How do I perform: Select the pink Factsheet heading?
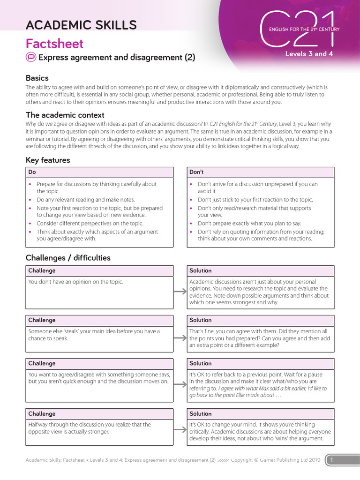click(x=54, y=44)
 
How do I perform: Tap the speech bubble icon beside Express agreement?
click(x=31, y=58)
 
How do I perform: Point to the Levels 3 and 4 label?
click(x=309, y=54)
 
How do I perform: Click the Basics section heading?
click(x=37, y=78)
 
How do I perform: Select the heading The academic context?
click(x=65, y=115)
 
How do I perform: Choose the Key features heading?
click(x=48, y=160)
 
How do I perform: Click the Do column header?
click(x=32, y=172)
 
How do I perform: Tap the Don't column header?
click(x=196, y=172)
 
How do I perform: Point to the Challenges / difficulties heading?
click(x=68, y=257)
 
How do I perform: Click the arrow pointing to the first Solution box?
click(x=180, y=292)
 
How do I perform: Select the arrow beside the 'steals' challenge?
click(x=180, y=338)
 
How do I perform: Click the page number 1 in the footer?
click(x=331, y=460)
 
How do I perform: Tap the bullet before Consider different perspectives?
click(x=31, y=224)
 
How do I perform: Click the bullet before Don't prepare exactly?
click(x=191, y=224)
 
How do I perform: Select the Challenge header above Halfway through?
click(x=42, y=414)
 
